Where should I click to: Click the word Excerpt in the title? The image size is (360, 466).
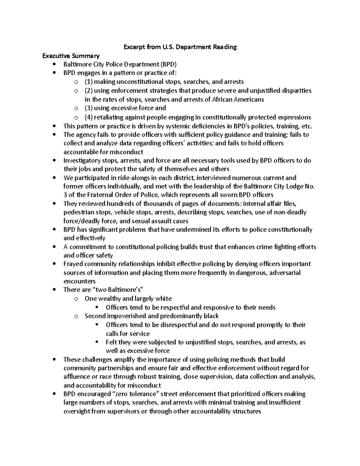[133, 47]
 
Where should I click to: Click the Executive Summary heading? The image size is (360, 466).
[71, 56]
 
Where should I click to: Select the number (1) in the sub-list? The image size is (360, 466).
[89, 82]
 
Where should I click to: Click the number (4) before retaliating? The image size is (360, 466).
[89, 117]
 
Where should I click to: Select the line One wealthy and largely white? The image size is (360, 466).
[128, 299]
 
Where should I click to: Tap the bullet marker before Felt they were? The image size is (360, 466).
[97, 342]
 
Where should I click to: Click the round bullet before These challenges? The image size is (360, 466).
[54, 359]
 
